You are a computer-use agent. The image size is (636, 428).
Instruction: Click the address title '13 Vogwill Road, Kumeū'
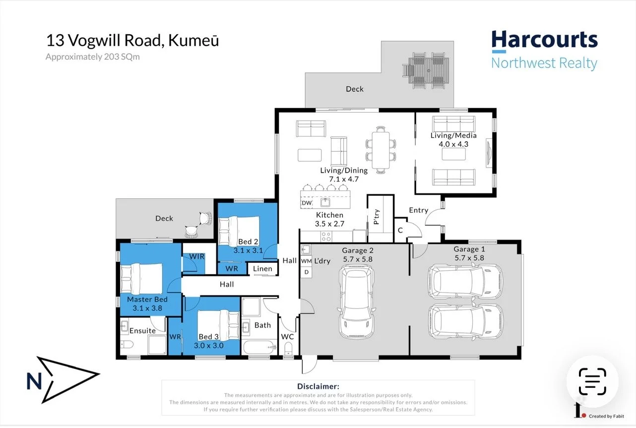pos(132,40)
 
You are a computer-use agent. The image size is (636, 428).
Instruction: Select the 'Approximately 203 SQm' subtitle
pos(93,57)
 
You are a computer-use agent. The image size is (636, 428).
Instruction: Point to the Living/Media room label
pos(453,135)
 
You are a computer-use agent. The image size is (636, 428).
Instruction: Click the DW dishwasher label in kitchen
pos(307,203)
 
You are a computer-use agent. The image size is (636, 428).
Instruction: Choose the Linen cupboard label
pos(262,269)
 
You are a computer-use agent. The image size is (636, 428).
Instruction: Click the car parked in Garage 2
pos(356,300)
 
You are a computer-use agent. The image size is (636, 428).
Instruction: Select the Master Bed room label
pos(147,300)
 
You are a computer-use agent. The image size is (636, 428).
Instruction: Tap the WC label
pos(287,337)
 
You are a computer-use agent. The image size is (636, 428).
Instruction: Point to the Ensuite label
pos(142,331)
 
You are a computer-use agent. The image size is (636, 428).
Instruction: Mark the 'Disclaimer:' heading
pos(318,386)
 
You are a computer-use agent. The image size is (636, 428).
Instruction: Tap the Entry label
pos(418,210)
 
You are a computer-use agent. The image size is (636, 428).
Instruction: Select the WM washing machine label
pos(306,261)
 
